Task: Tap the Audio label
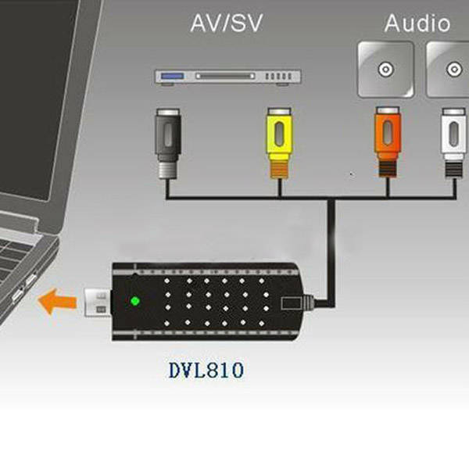pyautogui.click(x=417, y=23)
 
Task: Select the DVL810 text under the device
pyautogui.click(x=206, y=369)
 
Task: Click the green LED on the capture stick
pyautogui.click(x=134, y=301)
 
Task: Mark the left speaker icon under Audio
pyautogui.click(x=385, y=69)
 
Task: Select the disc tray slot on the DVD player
pyautogui.click(x=222, y=77)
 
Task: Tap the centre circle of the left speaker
pyautogui.click(x=385, y=69)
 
